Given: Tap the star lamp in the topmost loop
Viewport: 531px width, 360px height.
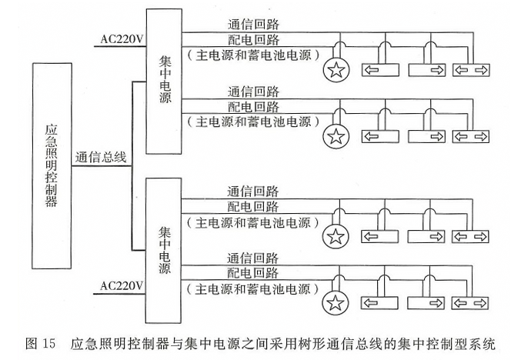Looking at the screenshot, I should click(336, 72).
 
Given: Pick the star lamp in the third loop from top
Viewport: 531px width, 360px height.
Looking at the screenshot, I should click(336, 235).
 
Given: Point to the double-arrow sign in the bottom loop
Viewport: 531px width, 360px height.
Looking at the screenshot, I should click(470, 301).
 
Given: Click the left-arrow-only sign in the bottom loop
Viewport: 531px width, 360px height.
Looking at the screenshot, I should click(381, 301).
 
